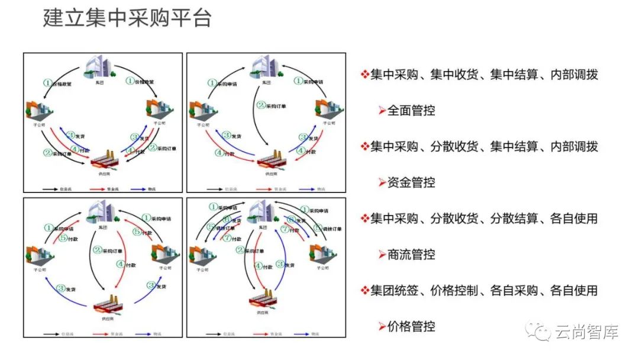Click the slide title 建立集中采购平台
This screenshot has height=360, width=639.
pos(127,18)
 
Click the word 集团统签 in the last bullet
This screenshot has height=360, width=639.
pos(395,291)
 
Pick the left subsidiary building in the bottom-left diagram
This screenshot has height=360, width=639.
pos(40,254)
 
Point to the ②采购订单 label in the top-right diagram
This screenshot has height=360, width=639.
pos(273,106)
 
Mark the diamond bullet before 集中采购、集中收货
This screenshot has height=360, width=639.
pos(365,75)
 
